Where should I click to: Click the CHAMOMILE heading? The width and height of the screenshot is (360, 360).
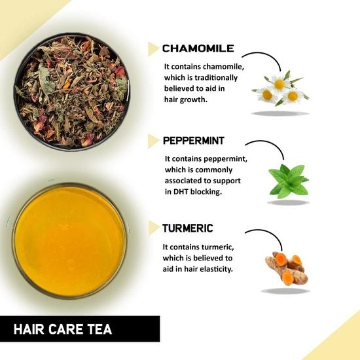(197, 48)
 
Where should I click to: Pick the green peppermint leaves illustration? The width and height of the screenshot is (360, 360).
(287, 180)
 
